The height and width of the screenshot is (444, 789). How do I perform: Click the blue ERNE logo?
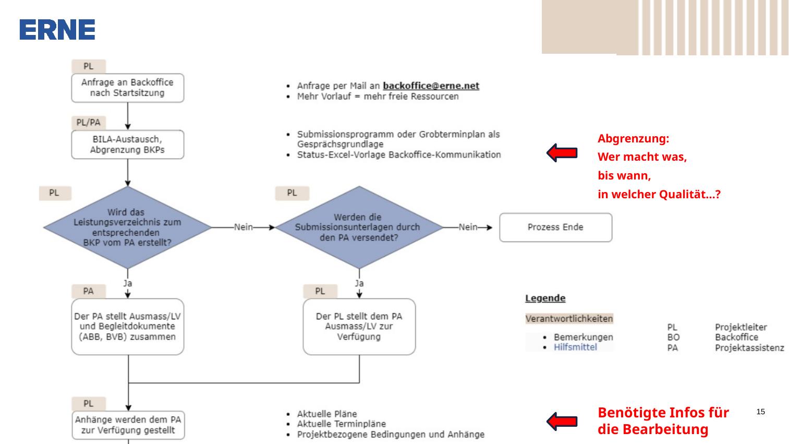click(57, 30)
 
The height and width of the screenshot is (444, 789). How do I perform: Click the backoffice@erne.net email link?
click(431, 86)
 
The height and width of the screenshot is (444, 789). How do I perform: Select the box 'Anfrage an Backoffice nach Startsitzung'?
click(128, 88)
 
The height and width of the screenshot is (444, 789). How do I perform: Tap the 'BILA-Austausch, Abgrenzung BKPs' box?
click(128, 145)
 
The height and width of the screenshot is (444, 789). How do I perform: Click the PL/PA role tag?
click(89, 123)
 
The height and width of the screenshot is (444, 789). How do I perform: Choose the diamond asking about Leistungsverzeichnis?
click(128, 227)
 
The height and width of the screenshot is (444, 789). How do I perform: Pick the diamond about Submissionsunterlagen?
click(359, 227)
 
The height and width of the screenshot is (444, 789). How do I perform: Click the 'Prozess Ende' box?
click(555, 227)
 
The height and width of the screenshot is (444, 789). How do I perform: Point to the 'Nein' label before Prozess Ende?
click(468, 227)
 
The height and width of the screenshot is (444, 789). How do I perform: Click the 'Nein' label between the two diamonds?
click(244, 227)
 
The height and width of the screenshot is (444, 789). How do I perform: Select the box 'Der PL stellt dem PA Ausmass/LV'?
click(359, 327)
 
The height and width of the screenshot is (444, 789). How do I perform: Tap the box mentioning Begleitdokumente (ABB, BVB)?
click(128, 327)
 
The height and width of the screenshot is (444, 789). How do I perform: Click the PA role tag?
click(89, 291)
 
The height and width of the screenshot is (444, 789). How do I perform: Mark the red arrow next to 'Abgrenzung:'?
click(562, 153)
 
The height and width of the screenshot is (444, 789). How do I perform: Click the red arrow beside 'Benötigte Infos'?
click(562, 421)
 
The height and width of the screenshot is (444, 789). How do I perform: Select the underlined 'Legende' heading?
click(545, 298)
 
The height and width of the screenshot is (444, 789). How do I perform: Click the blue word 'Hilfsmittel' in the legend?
click(575, 347)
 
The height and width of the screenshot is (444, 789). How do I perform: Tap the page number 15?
click(760, 412)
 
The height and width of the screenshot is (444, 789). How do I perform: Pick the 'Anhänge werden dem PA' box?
click(128, 425)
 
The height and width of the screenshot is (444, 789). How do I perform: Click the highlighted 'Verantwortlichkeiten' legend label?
click(569, 319)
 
